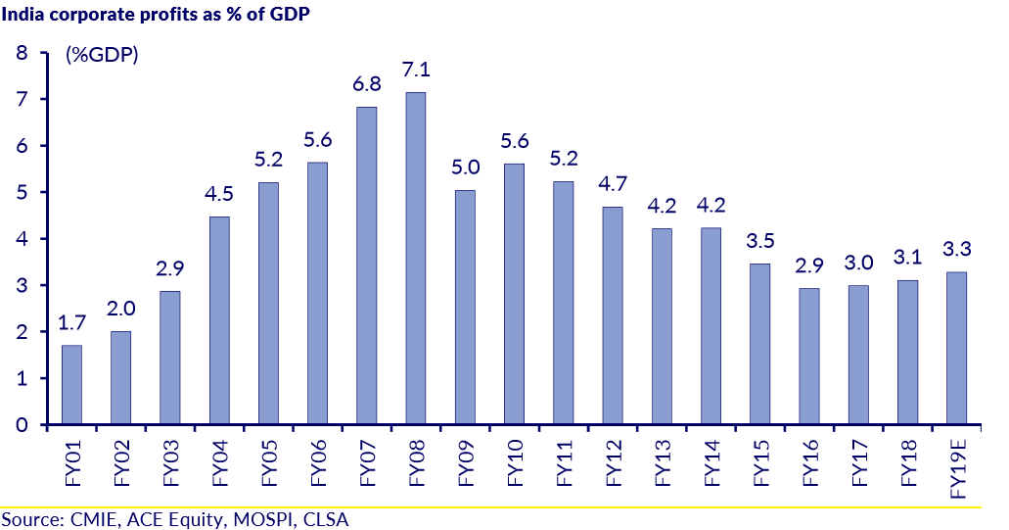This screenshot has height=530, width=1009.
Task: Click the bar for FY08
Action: tap(416, 259)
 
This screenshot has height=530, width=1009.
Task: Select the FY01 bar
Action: tap(71, 384)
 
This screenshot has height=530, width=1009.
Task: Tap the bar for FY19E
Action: tap(956, 348)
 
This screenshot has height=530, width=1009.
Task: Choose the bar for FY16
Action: tap(808, 357)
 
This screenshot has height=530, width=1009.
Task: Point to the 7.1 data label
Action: tap(416, 71)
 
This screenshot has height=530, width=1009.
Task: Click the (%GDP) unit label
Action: tap(102, 56)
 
